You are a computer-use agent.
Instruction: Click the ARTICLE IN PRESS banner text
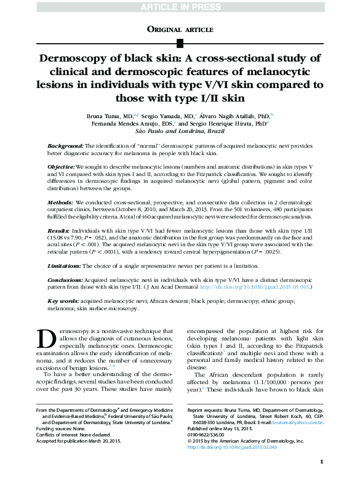click(180, 7)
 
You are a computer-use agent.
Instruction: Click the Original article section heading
click(180, 29)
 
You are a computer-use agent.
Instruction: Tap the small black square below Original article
click(180, 42)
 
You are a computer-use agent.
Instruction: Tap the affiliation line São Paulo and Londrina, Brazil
click(180, 131)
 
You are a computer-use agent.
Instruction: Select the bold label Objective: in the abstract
click(62, 167)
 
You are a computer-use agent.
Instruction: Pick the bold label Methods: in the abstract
click(61, 202)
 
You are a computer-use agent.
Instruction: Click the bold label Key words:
click(63, 300)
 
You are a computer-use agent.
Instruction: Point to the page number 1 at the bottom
click(322, 461)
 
